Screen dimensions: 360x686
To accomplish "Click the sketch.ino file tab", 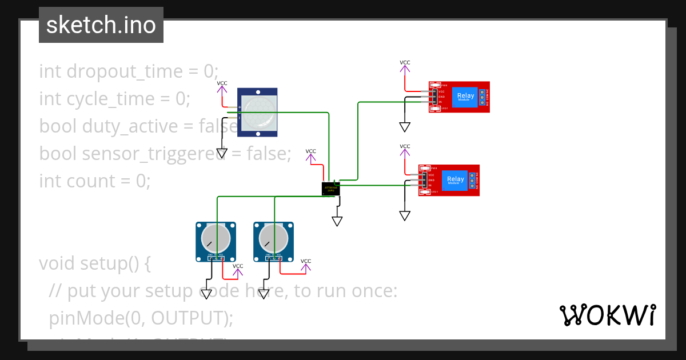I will click(101, 25).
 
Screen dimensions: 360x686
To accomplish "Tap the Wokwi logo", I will click(607, 315).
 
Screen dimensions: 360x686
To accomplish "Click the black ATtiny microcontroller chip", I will click(331, 188).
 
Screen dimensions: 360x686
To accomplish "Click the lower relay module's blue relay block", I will click(455, 180).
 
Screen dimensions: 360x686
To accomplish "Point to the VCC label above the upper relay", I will click(405, 63).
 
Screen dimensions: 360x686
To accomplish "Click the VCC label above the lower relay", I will click(405, 146).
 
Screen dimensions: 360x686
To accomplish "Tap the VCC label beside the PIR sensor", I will click(222, 83).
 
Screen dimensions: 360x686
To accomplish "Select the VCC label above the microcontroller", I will click(310, 151).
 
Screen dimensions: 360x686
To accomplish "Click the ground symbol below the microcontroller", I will click(337, 221).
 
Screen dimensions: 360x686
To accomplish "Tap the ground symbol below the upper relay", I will click(405, 126).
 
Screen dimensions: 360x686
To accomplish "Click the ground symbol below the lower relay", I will click(405, 215).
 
